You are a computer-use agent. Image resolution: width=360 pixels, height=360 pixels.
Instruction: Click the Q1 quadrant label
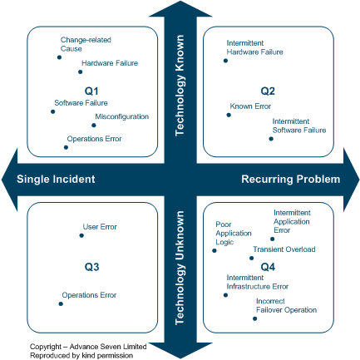point(91,90)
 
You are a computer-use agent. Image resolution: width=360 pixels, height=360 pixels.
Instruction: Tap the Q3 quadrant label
point(91,266)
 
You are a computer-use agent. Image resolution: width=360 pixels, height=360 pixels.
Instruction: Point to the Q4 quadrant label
point(268,266)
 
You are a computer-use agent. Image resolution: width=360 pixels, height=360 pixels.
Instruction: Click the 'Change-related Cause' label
point(86,43)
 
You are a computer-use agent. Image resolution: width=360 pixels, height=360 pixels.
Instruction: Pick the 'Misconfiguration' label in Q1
point(121,116)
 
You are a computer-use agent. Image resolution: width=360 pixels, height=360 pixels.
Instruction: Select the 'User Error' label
point(100,226)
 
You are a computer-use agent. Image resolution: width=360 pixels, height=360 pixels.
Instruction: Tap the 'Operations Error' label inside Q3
point(90,294)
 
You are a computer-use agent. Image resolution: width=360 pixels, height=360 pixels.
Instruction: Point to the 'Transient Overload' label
point(284,249)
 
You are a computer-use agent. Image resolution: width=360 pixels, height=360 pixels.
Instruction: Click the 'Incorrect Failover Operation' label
point(286,305)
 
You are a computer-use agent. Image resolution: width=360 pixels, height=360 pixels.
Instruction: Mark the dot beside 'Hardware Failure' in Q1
point(80,72)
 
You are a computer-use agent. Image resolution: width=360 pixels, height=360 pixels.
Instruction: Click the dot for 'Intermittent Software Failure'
point(270,139)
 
